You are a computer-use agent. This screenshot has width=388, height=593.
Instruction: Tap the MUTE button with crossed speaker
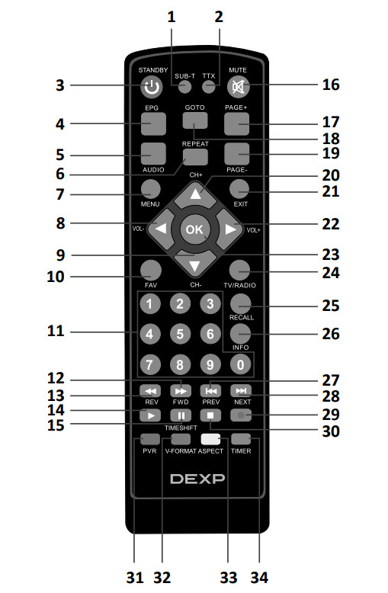pos(239,87)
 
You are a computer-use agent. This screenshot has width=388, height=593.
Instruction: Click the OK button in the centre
pos(194,229)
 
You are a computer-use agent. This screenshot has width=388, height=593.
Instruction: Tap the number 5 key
pos(180,334)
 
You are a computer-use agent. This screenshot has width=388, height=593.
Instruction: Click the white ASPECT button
pos(210,439)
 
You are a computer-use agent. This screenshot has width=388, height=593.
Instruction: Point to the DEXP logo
pos(197,479)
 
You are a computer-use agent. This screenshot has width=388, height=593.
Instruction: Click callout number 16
pos(331,85)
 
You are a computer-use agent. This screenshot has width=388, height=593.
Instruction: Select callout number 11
pos(56,331)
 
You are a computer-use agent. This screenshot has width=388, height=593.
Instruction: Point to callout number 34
pos(259,578)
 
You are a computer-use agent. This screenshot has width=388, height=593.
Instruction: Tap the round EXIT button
pos(239,189)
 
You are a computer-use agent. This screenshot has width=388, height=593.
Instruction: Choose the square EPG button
pos(153,123)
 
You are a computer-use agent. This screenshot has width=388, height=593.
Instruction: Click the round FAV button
pos(150,270)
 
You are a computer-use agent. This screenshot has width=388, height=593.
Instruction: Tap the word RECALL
pos(242,317)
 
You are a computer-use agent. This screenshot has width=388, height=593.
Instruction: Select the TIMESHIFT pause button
pos(181,415)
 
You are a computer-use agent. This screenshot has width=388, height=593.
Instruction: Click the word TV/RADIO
pos(239,285)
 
